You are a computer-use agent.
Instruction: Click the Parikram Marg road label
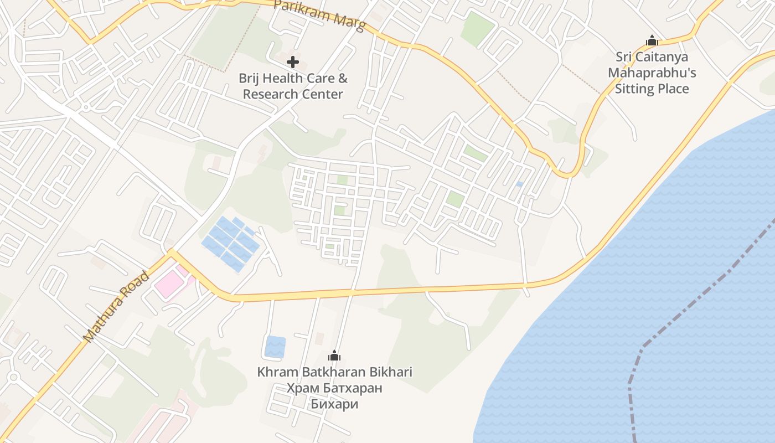[x=319, y=14]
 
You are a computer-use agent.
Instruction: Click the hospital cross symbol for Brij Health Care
[x=293, y=62]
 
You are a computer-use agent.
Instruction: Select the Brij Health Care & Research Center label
[x=293, y=86]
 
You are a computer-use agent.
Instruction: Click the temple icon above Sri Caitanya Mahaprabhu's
[x=652, y=40]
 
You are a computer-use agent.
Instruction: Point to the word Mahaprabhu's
[x=652, y=73]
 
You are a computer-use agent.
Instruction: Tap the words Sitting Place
[x=652, y=89]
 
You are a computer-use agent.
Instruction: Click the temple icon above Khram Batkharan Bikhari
[x=334, y=356]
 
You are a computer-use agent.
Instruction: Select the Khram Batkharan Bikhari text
[x=334, y=372]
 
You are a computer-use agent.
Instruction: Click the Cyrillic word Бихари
[x=334, y=404]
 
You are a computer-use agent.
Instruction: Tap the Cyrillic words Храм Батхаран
[x=334, y=388]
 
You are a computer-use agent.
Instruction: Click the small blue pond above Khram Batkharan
[x=275, y=347]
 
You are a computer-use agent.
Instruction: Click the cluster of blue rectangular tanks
[x=231, y=244]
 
